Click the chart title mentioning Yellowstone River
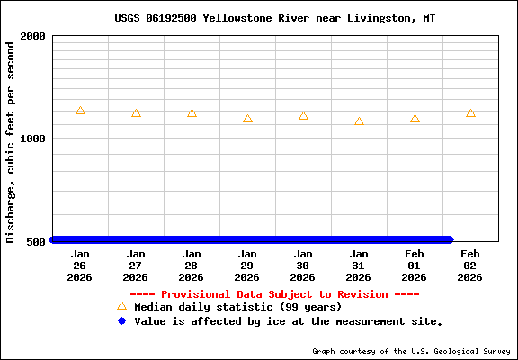(274, 18)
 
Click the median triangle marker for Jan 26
(80, 111)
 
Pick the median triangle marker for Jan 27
(136, 113)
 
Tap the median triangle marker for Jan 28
(192, 113)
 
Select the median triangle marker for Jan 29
(247, 119)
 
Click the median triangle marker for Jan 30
(303, 116)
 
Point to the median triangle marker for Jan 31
(359, 121)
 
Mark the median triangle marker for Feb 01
(415, 119)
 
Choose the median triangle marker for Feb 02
(470, 113)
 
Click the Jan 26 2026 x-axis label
(80, 265)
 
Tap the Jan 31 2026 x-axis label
(359, 265)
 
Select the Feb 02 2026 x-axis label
(470, 265)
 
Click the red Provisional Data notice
(274, 294)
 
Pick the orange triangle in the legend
(121, 306)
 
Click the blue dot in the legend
(121, 321)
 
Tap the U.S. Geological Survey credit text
(412, 351)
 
